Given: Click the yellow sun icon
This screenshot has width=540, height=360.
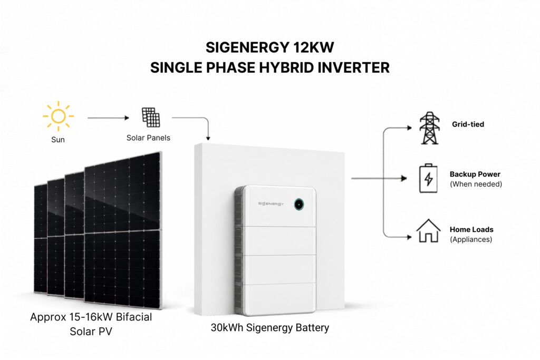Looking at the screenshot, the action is tap(58, 116).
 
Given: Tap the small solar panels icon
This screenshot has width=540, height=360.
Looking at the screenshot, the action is tap(151, 118).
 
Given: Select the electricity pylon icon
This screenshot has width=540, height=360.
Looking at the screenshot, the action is tap(429, 128).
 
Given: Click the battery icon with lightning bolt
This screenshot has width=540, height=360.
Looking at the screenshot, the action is tap(428, 178).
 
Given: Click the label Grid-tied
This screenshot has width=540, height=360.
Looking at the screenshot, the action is tap(468, 124).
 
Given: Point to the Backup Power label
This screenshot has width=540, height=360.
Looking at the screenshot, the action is tap(475, 174).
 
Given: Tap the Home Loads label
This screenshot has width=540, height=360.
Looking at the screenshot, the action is tap(471, 230).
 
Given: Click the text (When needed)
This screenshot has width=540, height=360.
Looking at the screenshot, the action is tap(476, 184).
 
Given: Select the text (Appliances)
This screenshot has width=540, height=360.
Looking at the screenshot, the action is tap(471, 239).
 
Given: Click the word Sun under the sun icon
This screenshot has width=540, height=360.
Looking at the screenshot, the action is tap(58, 140).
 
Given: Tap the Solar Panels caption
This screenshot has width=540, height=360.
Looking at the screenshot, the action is tap(148, 138).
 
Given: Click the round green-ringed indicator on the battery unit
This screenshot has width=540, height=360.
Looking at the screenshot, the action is tap(299, 205).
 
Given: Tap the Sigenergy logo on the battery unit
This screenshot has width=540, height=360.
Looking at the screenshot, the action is tap(271, 204).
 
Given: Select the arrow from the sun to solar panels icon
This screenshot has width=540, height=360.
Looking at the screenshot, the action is tap(108, 118).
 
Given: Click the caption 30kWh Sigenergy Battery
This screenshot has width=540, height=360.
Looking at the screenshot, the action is tap(270, 328).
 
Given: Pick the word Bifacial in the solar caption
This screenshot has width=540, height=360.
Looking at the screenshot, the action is tap(134, 317).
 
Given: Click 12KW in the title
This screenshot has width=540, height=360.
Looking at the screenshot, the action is tap(313, 47).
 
